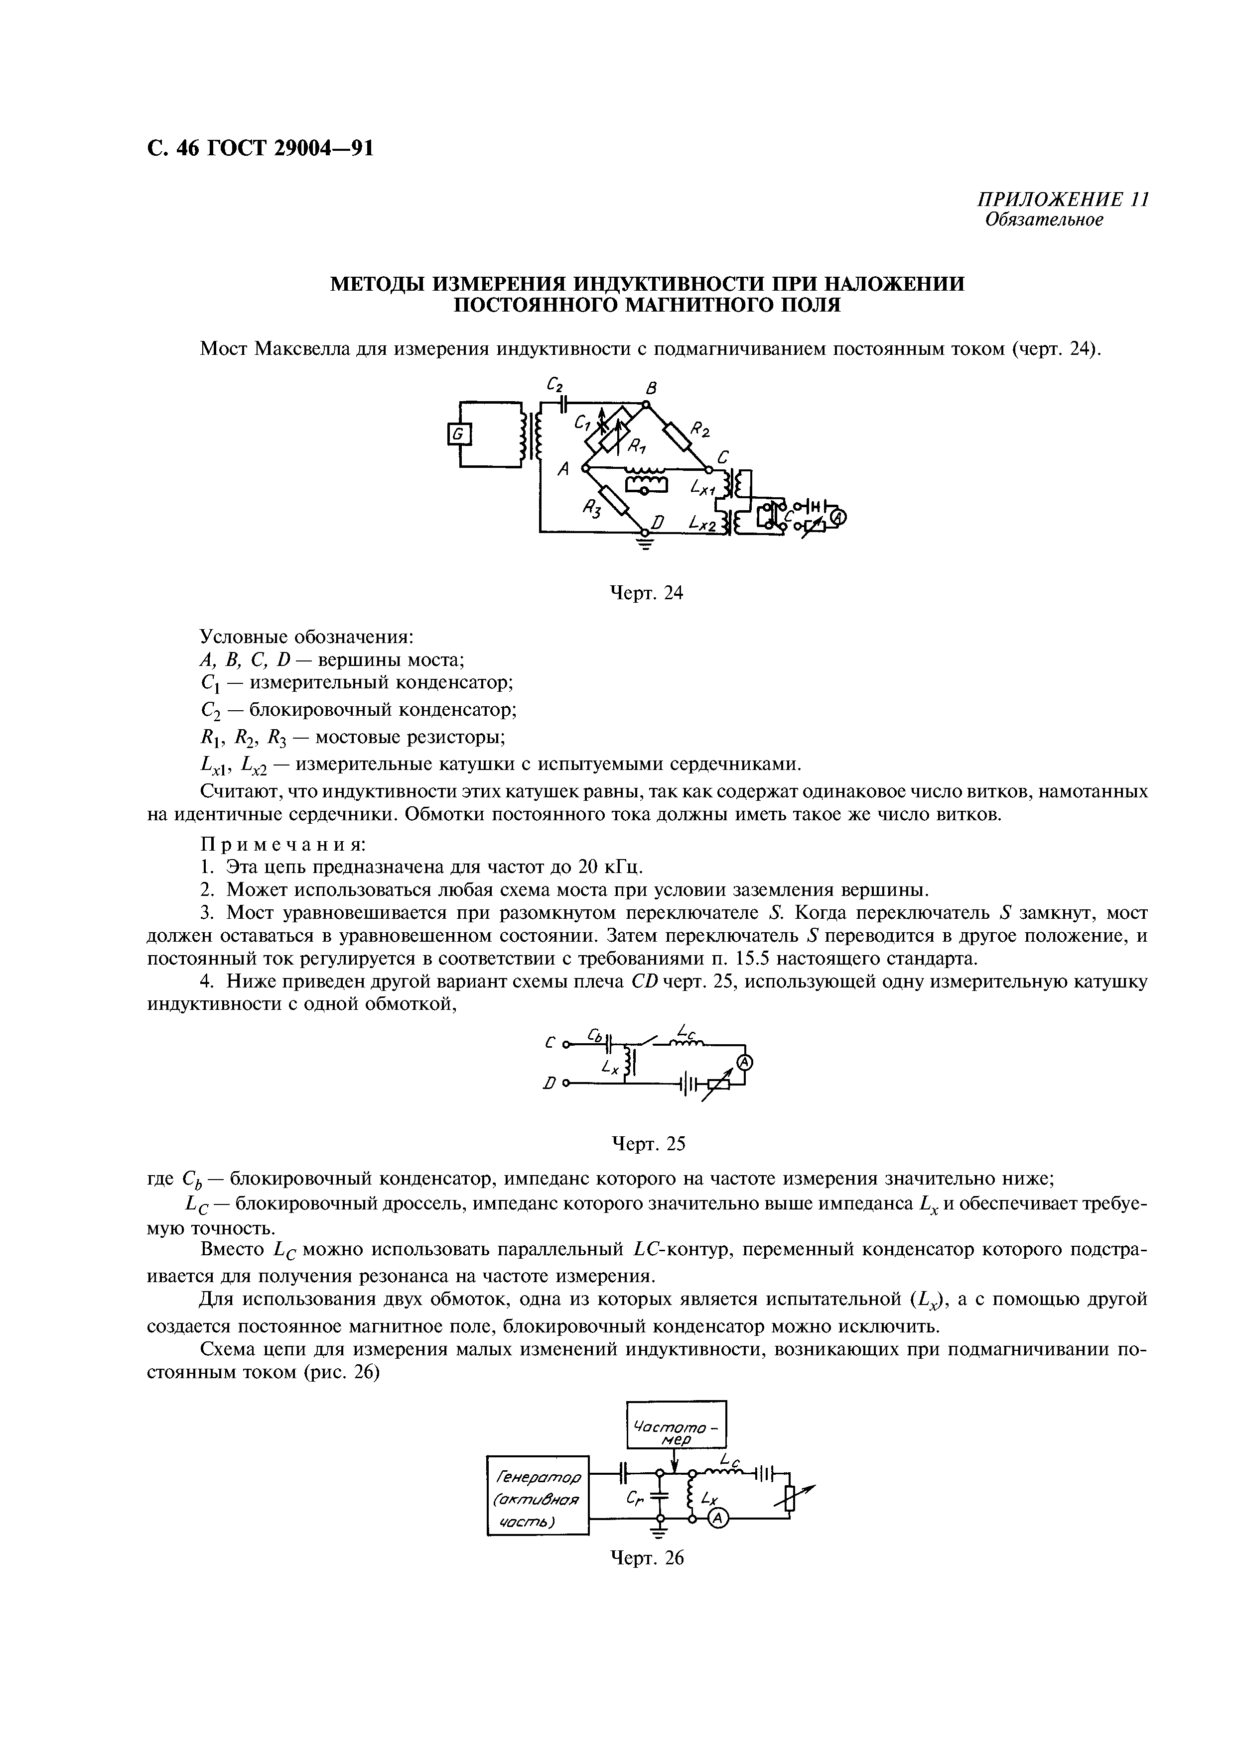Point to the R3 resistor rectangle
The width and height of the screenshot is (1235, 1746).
point(613,500)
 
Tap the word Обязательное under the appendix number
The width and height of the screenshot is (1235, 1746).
point(1043,220)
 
